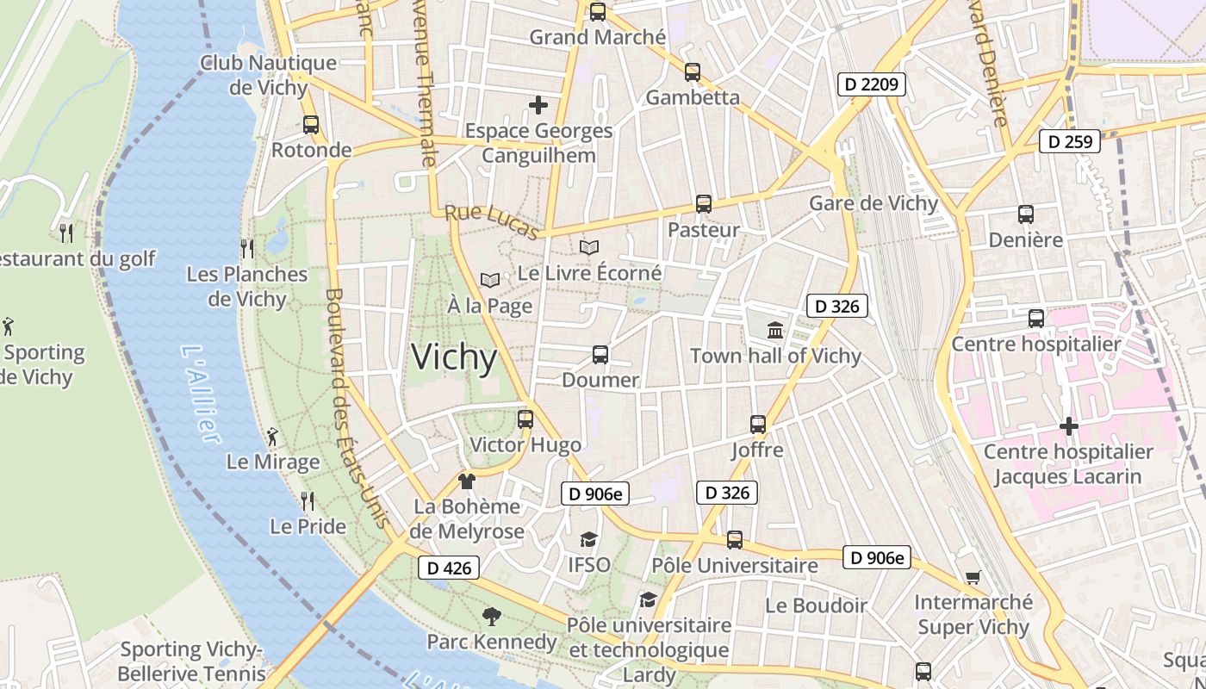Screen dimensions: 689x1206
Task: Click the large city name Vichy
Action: click(454, 357)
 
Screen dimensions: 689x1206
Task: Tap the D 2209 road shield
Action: click(871, 84)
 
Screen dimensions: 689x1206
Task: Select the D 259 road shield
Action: click(1069, 141)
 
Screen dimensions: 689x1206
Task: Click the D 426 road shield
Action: click(448, 568)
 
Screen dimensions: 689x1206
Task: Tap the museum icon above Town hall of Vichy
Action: click(775, 330)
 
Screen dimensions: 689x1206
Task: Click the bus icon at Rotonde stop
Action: click(311, 125)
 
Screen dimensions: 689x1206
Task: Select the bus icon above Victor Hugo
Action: click(525, 419)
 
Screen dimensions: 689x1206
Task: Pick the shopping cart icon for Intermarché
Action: click(973, 577)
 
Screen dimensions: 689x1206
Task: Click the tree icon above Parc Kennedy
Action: click(492, 616)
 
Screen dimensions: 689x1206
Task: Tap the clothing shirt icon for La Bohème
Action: click(467, 481)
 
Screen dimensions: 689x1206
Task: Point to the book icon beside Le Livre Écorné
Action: click(589, 248)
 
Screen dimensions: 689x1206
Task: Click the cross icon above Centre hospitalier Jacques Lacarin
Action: click(1068, 426)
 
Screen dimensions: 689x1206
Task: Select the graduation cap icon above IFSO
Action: click(588, 539)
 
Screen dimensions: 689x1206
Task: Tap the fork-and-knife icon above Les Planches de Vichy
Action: click(247, 249)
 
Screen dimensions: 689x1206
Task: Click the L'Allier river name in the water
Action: click(201, 394)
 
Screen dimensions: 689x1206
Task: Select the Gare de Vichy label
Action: click(873, 203)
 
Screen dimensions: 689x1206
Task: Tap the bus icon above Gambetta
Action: click(693, 72)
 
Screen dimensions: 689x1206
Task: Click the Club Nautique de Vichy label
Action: click(268, 75)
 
